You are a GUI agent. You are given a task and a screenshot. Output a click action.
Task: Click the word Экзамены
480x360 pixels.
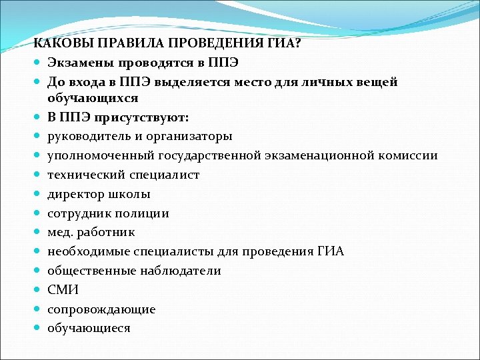(81, 63)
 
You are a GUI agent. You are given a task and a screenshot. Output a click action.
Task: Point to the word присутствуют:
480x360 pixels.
(139, 117)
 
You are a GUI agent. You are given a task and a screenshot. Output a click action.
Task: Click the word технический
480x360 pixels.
(85, 175)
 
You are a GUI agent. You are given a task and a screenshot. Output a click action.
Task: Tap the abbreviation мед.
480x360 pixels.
(60, 233)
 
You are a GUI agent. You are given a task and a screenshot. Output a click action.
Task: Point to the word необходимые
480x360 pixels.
(88, 252)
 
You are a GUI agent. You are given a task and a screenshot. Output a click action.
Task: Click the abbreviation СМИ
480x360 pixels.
(63, 290)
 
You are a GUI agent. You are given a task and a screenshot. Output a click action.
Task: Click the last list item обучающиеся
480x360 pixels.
(89, 329)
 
